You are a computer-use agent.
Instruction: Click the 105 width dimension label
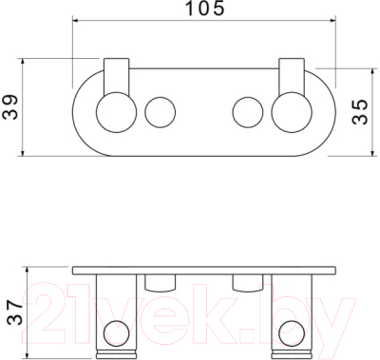click(204, 9)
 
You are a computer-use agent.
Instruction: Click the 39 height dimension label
click(9, 106)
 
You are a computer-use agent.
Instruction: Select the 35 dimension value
click(361, 111)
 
